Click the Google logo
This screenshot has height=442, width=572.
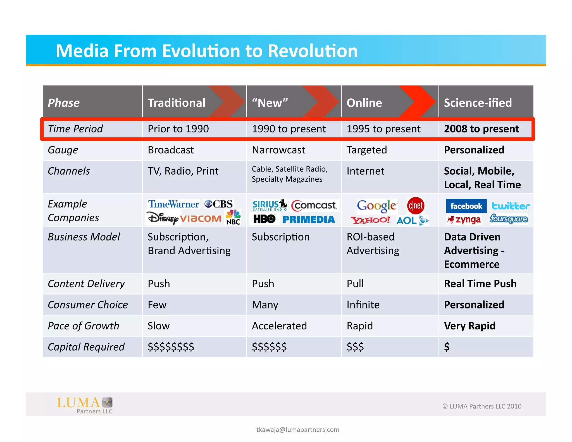tap(376, 206)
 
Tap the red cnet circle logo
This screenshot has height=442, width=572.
tap(416, 206)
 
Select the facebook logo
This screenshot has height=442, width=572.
tap(466, 206)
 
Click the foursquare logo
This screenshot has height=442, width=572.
tap(509, 219)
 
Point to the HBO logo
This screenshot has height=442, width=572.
tap(264, 219)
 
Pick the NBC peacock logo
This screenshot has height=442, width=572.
tap(233, 217)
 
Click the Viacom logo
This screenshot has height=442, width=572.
tap(201, 218)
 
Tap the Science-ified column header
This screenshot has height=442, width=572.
tap(478, 103)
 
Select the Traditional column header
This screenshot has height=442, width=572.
tap(177, 103)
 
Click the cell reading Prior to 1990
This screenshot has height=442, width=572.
tap(178, 129)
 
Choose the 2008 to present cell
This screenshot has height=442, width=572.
tap(481, 129)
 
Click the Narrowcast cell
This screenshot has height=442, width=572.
tap(278, 150)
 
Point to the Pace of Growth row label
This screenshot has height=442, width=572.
tap(83, 326)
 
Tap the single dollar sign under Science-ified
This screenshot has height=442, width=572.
tap(447, 347)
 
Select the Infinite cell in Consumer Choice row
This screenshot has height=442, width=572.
tap(363, 305)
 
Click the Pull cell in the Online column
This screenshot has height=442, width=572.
tap(355, 284)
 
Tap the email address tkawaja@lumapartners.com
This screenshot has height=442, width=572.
tap(298, 429)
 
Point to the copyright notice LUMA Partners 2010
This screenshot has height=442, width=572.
tap(482, 406)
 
